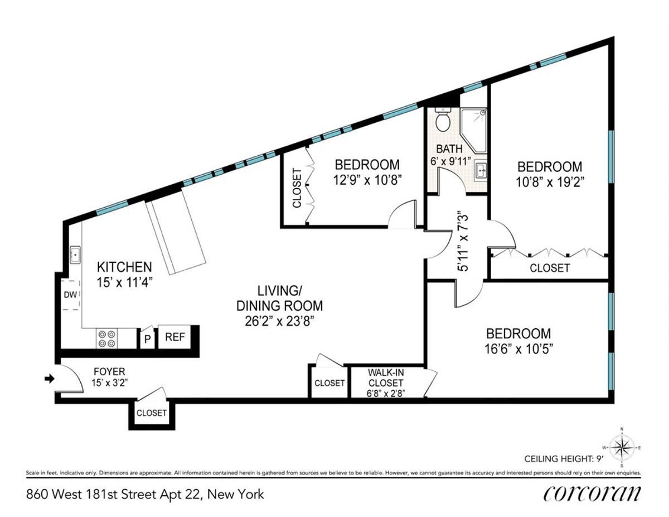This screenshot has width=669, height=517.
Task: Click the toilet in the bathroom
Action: coord(443,121)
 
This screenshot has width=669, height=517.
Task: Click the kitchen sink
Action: coord(74,255)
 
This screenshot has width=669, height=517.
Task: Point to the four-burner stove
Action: coord(107,338)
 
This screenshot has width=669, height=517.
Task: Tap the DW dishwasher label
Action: coord(69,295)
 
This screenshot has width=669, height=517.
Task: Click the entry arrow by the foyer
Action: coord(49,379)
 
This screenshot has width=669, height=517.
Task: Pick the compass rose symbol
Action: coord(621,446)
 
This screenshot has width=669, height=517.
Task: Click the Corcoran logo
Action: coord(590,494)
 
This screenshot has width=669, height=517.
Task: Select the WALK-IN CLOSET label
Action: coord(385,377)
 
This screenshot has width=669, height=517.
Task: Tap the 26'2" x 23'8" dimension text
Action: coord(279,322)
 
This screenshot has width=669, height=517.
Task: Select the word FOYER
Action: coord(109,371)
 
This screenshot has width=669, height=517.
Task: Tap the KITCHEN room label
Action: coord(124,266)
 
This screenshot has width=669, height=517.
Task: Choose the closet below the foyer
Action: coord(152,413)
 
